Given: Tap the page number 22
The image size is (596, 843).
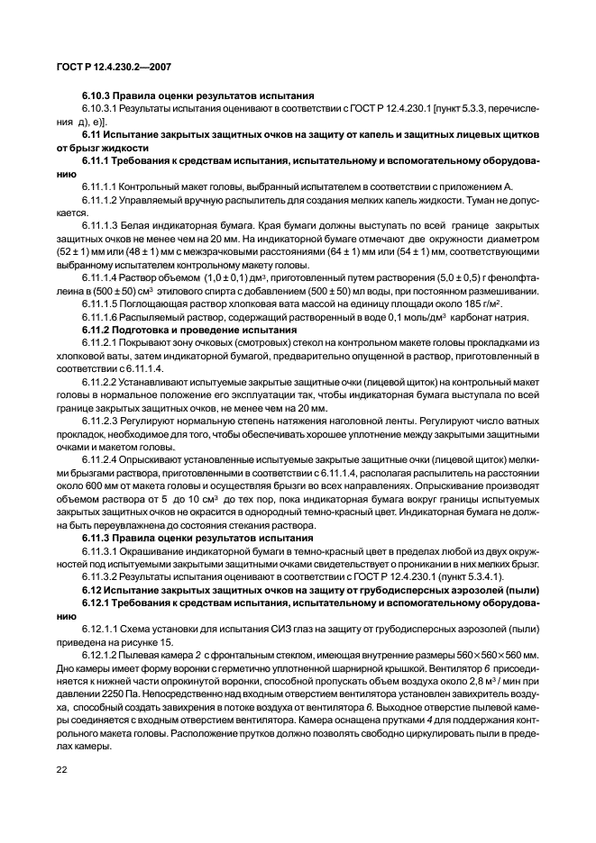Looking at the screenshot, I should tap(63, 771).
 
